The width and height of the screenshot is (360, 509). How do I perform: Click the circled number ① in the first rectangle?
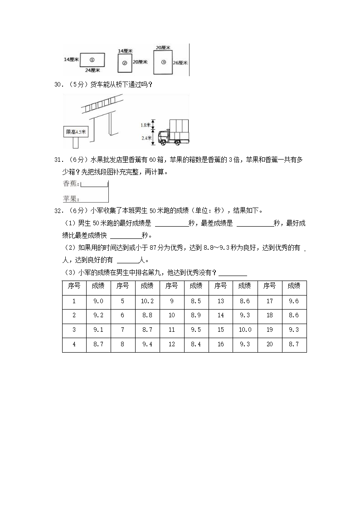click(92, 59)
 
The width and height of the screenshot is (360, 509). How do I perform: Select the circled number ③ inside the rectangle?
click(163, 62)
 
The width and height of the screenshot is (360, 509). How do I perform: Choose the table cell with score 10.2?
click(147, 301)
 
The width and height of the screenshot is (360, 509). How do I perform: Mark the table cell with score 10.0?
click(244, 330)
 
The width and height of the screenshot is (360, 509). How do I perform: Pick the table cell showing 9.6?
click(294, 301)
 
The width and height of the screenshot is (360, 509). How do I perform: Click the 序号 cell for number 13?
click(220, 301)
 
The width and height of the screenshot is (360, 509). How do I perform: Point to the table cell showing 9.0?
click(98, 301)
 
